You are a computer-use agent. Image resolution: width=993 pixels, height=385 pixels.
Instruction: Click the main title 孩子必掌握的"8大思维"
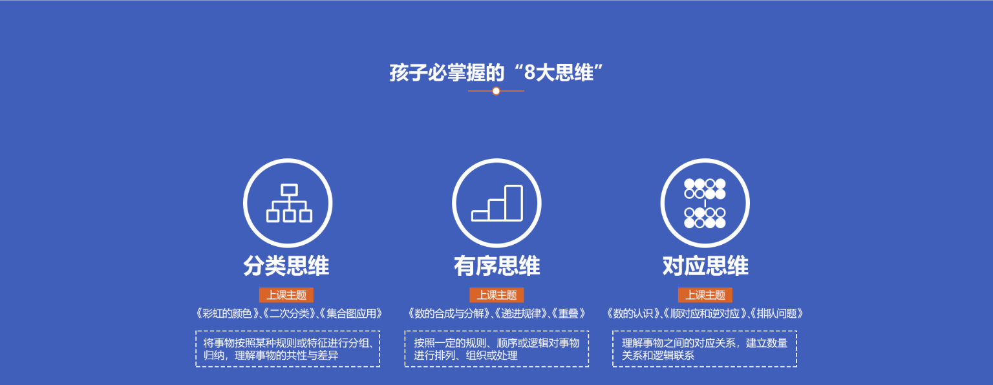point(496,72)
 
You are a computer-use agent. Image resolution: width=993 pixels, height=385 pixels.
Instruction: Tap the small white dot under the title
point(496,91)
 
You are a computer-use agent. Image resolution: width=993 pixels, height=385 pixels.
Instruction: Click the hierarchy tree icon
point(289,203)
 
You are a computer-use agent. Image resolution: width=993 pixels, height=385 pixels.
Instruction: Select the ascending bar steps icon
point(497,203)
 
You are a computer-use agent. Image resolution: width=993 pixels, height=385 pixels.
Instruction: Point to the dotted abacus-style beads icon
point(705,203)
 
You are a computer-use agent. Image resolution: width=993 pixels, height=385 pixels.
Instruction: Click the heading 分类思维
point(286,266)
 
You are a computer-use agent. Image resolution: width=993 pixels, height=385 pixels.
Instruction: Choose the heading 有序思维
point(497,266)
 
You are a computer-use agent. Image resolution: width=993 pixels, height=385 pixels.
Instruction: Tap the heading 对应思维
point(705,266)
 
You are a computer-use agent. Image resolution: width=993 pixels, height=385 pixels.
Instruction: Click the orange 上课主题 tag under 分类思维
point(286,295)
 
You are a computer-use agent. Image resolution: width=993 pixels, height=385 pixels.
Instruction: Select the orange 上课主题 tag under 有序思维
point(496,295)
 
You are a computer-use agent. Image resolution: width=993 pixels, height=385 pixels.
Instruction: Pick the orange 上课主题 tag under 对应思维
point(705,295)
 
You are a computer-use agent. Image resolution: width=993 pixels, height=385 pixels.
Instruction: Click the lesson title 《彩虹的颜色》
point(227,314)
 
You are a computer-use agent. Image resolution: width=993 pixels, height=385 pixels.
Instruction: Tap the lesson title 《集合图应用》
point(350,314)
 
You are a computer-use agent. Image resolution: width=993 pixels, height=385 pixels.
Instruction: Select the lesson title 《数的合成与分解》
point(449,314)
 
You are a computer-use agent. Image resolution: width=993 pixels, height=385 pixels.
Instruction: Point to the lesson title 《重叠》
point(569,314)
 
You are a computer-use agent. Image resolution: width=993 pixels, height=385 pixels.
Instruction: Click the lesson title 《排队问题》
point(776,314)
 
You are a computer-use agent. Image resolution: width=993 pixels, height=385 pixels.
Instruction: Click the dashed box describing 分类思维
point(288,349)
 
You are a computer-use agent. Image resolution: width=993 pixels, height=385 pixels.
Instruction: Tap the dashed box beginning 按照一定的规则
point(496,349)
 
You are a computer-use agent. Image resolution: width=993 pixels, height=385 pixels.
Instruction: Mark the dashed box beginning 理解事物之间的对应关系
point(705,349)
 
